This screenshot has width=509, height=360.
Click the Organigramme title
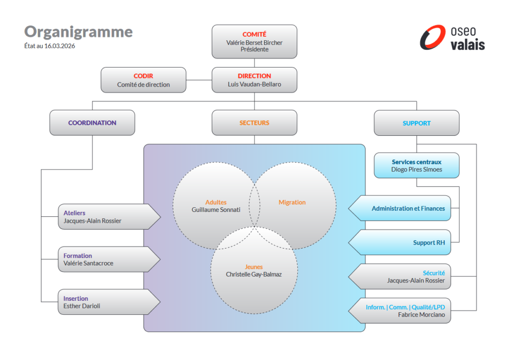coord(79,32)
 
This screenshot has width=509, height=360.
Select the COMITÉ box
coord(254,42)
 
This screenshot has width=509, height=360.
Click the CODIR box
coord(143,80)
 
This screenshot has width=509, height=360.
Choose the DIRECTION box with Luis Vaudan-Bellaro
coord(254,80)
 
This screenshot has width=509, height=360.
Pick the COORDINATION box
coord(92,123)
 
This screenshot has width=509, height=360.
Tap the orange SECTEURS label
coord(254,123)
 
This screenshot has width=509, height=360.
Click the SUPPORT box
coord(417,123)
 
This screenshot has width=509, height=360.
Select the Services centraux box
coord(417,166)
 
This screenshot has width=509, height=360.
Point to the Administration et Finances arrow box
coord(403,209)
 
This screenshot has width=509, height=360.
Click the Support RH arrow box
coord(403,243)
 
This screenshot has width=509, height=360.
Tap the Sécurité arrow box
coord(403,276)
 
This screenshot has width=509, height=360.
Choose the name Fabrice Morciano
coord(422,315)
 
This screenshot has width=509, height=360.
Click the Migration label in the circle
coord(292,202)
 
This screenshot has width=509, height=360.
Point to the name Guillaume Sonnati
coord(216,210)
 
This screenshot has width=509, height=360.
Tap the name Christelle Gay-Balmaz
coord(254,274)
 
